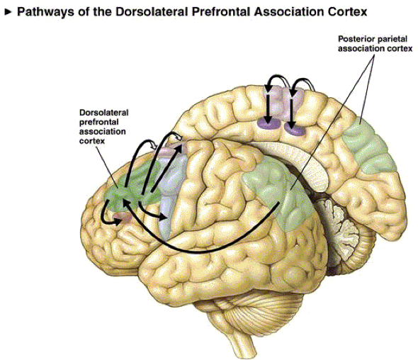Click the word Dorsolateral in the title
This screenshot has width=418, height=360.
tap(153, 11)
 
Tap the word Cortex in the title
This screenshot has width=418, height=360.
tap(348, 11)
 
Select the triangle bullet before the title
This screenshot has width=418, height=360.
tap(9, 12)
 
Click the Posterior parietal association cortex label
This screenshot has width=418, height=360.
tap(375, 44)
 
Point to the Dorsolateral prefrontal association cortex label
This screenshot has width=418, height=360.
tap(103, 127)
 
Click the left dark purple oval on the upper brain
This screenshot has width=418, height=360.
tap(269, 124)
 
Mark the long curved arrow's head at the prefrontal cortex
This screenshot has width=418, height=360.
tap(126, 204)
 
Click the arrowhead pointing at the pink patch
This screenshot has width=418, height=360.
tap(117, 221)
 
